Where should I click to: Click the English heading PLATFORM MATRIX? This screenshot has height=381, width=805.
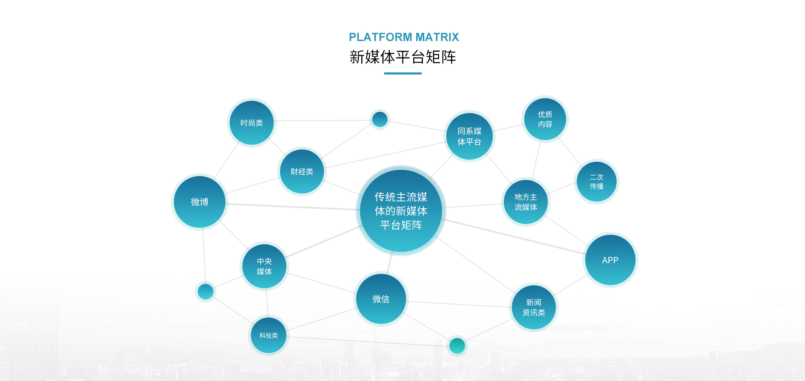click(404, 37)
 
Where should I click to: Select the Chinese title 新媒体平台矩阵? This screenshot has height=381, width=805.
click(403, 57)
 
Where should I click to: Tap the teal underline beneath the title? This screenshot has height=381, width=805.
click(403, 73)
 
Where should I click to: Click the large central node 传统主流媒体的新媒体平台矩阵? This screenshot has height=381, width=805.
click(401, 211)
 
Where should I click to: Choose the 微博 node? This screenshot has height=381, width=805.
click(199, 202)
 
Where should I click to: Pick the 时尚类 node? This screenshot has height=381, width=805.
click(252, 123)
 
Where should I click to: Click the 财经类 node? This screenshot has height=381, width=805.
click(302, 171)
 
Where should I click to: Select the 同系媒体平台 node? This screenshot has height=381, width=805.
click(469, 136)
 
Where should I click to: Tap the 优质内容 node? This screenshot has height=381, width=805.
click(545, 119)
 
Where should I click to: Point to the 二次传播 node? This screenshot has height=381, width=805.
click(596, 182)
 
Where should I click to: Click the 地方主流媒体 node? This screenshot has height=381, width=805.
click(525, 202)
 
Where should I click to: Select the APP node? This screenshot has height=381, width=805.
click(610, 260)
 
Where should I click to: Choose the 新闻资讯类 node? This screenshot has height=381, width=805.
click(533, 307)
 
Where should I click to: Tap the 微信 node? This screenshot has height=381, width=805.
click(381, 299)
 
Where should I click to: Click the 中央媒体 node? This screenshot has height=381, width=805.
click(264, 266)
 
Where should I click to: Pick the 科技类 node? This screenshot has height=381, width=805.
click(268, 335)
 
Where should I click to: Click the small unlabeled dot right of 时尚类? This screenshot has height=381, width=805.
click(379, 119)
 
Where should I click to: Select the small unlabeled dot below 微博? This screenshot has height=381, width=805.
click(206, 292)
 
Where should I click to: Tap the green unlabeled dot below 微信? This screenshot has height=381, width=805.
click(457, 346)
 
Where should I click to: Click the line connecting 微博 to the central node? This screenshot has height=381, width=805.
click(292, 207)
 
